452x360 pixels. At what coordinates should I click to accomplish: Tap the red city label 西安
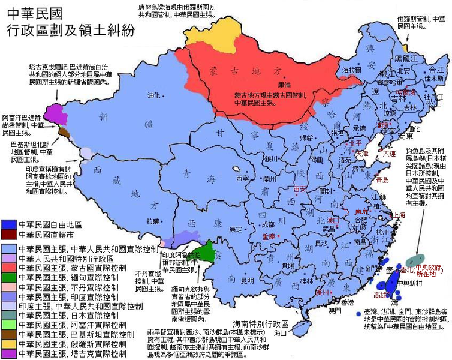300,190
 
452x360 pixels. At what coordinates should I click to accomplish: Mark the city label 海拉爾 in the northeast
352,70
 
